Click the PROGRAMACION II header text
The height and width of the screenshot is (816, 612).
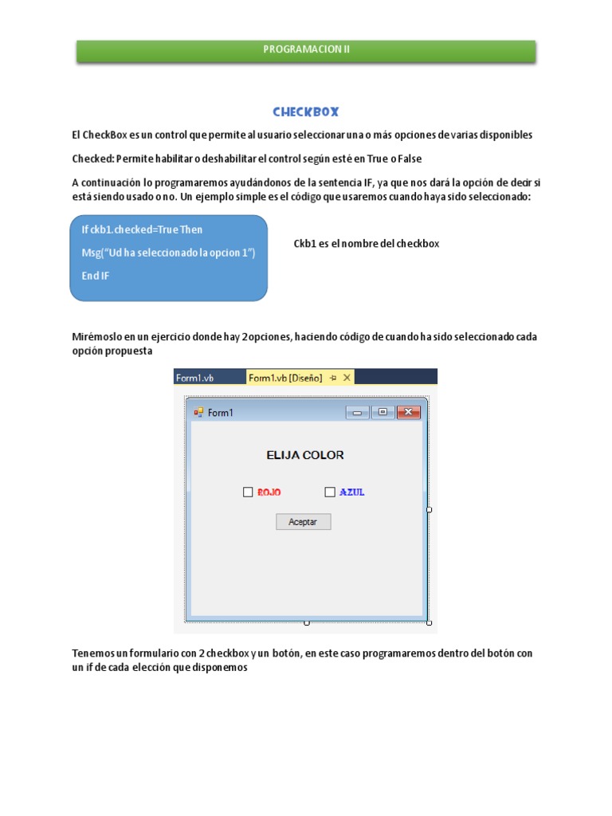pyautogui.click(x=306, y=49)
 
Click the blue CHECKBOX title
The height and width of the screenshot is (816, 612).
pyautogui.click(x=306, y=112)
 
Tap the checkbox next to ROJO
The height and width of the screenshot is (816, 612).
pyautogui.click(x=248, y=492)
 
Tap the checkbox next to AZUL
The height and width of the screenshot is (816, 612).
pyautogui.click(x=330, y=492)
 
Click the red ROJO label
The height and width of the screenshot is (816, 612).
pyautogui.click(x=269, y=492)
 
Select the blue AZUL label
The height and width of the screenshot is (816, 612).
pyautogui.click(x=352, y=492)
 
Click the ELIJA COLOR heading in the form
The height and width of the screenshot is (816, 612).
pyautogui.click(x=305, y=455)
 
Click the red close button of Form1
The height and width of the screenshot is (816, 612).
pyautogui.click(x=408, y=412)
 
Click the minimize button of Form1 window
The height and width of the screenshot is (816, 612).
pyautogui.click(x=358, y=412)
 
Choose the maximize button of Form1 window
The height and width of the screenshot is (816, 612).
pyautogui.click(x=382, y=412)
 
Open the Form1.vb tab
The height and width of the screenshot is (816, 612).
pyautogui.click(x=195, y=379)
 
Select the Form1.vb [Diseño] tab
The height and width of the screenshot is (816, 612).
pyautogui.click(x=285, y=379)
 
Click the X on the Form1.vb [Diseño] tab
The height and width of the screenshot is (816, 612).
pyautogui.click(x=347, y=379)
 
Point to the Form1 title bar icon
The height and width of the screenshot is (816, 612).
pyautogui.click(x=198, y=412)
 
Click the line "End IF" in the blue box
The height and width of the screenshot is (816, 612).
pyautogui.click(x=96, y=276)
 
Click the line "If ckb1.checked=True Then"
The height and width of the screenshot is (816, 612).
pyautogui.click(x=142, y=229)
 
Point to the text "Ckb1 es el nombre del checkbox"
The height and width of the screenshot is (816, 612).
pyautogui.click(x=366, y=244)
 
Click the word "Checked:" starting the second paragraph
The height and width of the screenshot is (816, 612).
pyautogui.click(x=93, y=159)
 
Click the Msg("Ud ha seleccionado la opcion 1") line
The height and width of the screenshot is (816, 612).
pyautogui.click(x=168, y=253)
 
